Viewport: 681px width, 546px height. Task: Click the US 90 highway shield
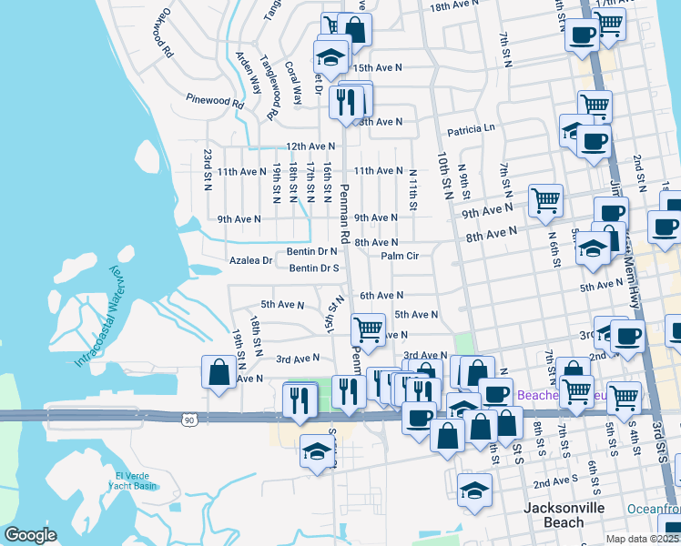(188, 420)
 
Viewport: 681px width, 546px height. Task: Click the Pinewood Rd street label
(215, 101)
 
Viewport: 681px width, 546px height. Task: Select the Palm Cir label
(399, 257)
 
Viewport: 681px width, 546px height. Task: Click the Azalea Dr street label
(249, 260)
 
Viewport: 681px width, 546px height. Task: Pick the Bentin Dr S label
(314, 268)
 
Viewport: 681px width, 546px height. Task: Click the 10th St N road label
(445, 172)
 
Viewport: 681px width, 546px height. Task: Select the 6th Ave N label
(381, 296)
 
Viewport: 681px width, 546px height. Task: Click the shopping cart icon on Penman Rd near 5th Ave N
(369, 328)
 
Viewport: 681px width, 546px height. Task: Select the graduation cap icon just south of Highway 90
(317, 451)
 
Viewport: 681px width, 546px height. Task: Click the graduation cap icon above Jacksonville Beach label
(474, 490)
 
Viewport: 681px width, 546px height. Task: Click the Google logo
(30, 535)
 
